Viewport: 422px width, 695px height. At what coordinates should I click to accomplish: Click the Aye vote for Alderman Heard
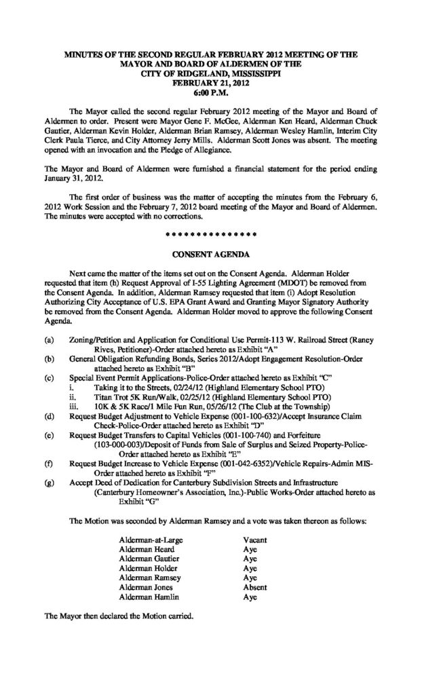(x=249, y=548)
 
